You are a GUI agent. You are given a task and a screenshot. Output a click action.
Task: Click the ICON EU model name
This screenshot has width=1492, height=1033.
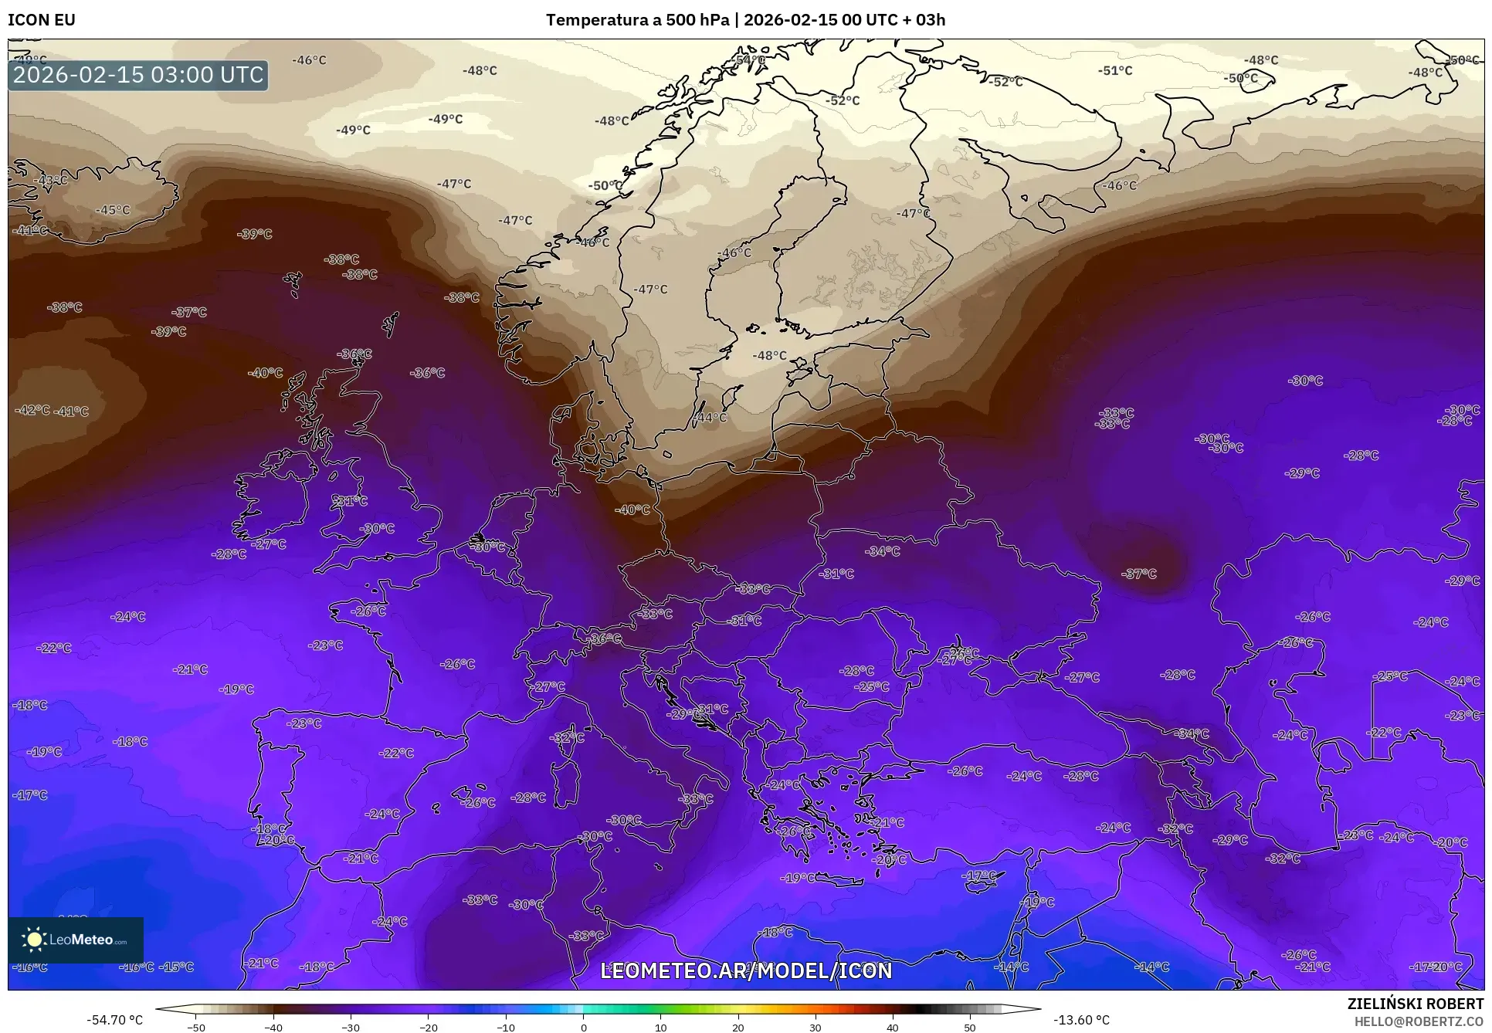[42, 19]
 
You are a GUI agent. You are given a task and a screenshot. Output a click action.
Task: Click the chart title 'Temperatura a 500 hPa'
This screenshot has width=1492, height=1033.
[637, 19]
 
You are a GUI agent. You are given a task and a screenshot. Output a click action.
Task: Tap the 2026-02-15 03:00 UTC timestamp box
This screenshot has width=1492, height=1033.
[138, 75]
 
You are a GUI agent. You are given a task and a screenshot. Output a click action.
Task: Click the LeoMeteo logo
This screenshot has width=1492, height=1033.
[76, 940]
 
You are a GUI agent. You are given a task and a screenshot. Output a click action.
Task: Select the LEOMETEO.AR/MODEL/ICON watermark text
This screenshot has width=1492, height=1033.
[746, 970]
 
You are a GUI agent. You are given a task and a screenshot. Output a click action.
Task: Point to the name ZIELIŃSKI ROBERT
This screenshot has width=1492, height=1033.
[1415, 1004]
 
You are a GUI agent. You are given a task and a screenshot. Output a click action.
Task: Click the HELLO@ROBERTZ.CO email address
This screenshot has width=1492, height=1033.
[1419, 1021]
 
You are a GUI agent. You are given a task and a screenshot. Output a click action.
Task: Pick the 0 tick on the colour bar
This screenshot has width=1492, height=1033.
[583, 1028]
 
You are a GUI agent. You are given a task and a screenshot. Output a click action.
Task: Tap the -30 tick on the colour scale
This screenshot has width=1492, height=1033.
[351, 1028]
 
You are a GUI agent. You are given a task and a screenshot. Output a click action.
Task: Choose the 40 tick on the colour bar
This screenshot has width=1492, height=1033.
[893, 1028]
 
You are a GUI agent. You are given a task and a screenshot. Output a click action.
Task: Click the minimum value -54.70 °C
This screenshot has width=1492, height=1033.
[115, 1020]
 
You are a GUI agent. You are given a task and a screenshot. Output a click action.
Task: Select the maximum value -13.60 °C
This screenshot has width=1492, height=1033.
[1081, 1020]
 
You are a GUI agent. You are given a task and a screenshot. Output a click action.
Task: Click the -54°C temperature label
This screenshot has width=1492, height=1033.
[749, 59]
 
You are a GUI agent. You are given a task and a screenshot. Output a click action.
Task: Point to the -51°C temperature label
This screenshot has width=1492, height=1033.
[1116, 70]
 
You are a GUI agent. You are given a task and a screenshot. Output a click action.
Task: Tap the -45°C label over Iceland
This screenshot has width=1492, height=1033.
[113, 210]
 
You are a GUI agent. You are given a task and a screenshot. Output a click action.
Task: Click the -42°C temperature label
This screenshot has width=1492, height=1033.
[32, 410]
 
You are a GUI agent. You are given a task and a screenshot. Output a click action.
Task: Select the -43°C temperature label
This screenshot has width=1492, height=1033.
[51, 180]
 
